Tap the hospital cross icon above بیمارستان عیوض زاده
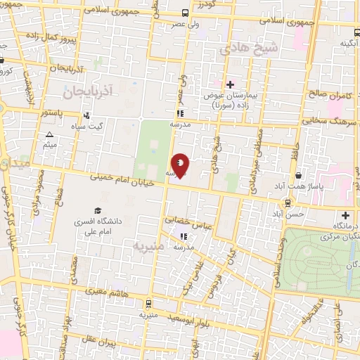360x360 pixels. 230,84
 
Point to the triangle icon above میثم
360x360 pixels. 49,134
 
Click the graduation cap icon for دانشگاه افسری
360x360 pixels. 98,211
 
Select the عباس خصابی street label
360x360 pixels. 188,221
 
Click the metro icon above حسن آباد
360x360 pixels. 288,202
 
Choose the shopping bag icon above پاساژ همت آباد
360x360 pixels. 300,175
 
